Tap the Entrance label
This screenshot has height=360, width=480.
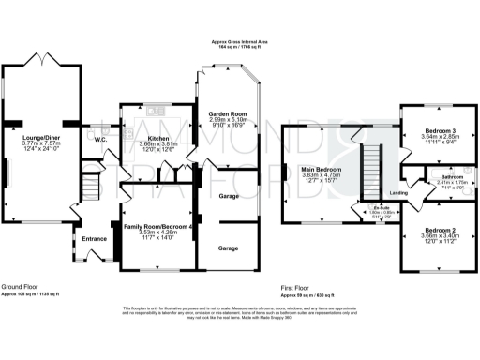tap(94, 239)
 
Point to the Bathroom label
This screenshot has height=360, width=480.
tap(439, 176)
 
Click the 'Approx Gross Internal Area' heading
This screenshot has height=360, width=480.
tap(240, 42)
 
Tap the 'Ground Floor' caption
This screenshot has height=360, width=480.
tap(20, 285)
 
